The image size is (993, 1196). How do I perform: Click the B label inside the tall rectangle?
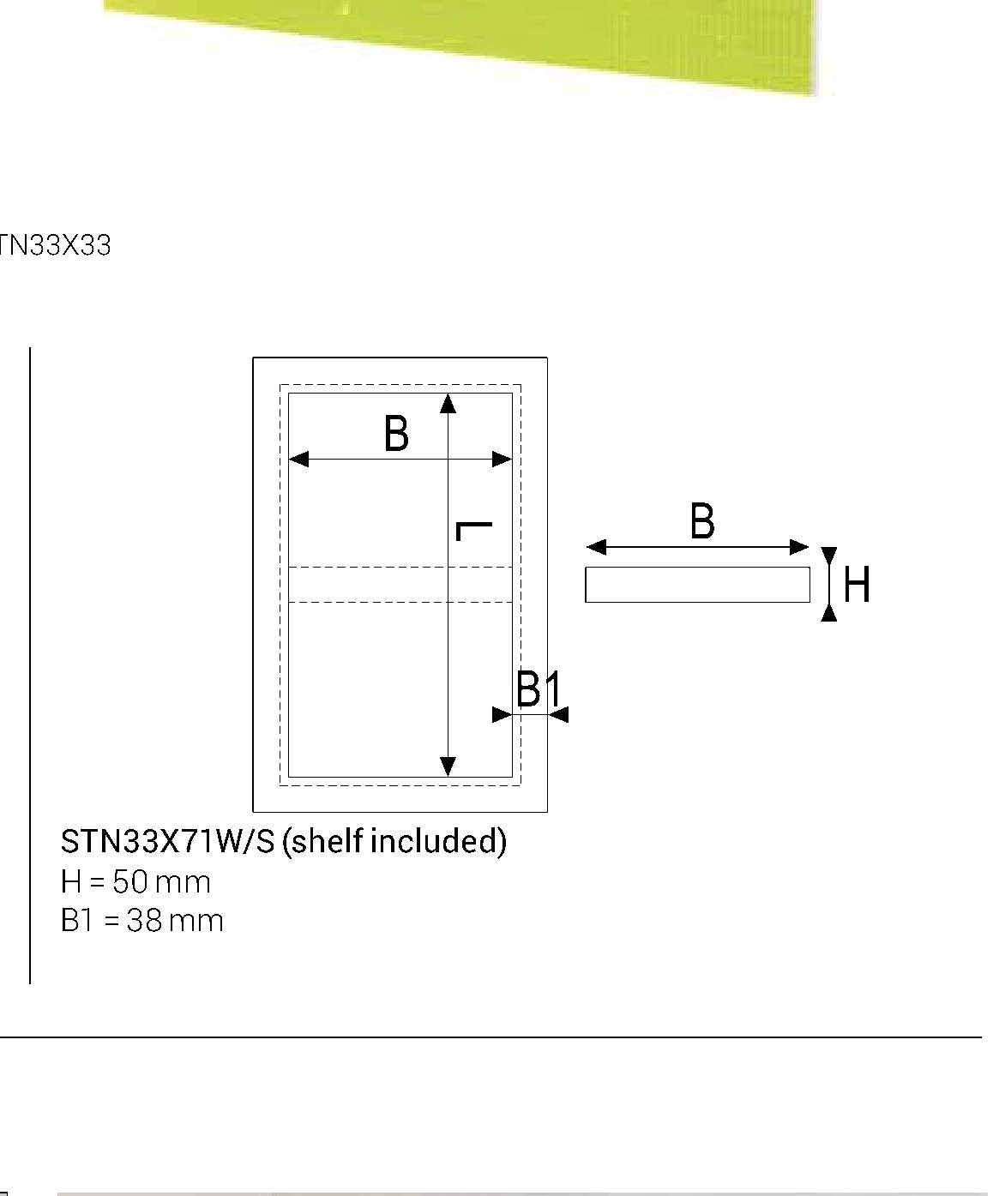click(396, 434)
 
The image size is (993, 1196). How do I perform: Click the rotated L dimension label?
click(474, 532)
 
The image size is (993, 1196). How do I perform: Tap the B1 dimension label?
click(539, 689)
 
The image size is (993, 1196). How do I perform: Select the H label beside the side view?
click(857, 584)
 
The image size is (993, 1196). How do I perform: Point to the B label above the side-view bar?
click(702, 521)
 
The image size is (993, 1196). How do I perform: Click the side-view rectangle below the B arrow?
click(697, 585)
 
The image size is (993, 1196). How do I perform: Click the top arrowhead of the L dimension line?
click(448, 404)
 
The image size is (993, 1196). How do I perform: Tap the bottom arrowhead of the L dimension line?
click(448, 767)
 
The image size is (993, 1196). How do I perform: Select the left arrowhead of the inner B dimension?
click(298, 460)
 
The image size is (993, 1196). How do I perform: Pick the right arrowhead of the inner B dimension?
click(502, 460)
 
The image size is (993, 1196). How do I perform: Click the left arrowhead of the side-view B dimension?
click(597, 547)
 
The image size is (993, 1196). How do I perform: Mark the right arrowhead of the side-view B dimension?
click(799, 547)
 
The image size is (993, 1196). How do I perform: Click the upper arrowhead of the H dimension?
click(829, 556)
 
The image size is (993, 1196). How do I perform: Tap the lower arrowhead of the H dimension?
click(829, 612)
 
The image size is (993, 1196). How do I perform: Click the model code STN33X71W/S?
click(167, 841)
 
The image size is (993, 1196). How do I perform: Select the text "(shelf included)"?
click(394, 841)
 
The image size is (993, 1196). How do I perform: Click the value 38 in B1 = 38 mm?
click(144, 921)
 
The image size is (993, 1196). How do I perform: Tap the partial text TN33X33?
click(55, 245)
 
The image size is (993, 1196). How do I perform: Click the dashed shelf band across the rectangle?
click(400, 585)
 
